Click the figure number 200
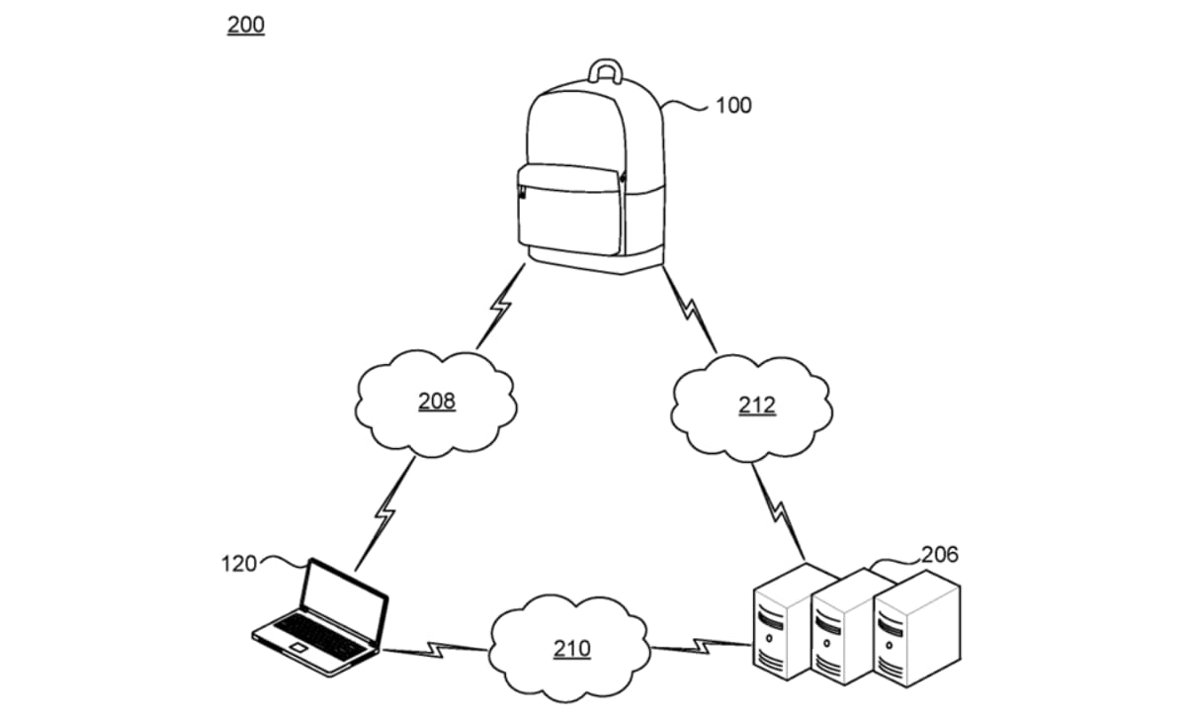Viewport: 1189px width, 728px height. (x=246, y=25)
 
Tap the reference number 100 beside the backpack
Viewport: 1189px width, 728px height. (x=733, y=105)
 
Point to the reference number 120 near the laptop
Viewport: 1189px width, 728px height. (x=239, y=564)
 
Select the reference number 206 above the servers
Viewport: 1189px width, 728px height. (x=940, y=555)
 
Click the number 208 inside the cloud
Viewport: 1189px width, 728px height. (x=437, y=402)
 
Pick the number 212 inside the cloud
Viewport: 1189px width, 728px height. (x=757, y=406)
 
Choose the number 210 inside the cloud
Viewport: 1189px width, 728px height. (x=572, y=649)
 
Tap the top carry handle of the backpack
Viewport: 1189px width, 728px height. (x=606, y=63)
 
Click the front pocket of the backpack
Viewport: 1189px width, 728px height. (x=570, y=209)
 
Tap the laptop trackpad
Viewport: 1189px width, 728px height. (x=298, y=647)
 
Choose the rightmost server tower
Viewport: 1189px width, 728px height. (x=916, y=629)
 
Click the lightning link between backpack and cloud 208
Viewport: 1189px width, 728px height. (x=500, y=306)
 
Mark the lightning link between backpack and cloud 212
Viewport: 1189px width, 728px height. (x=690, y=310)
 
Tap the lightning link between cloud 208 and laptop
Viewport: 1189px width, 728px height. (x=384, y=513)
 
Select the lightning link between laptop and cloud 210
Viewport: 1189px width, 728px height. (x=435, y=650)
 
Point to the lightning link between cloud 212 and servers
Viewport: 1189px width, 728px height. (x=779, y=511)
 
